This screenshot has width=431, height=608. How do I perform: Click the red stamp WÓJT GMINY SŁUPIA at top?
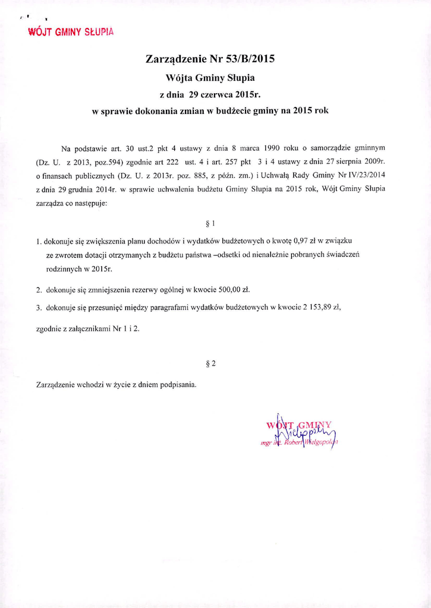pyautogui.click(x=71, y=31)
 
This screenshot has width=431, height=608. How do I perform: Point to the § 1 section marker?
pyautogui.click(x=209, y=224)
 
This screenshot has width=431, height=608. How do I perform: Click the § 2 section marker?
pyautogui.click(x=209, y=364)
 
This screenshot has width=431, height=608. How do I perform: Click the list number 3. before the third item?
pyautogui.click(x=39, y=307)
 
